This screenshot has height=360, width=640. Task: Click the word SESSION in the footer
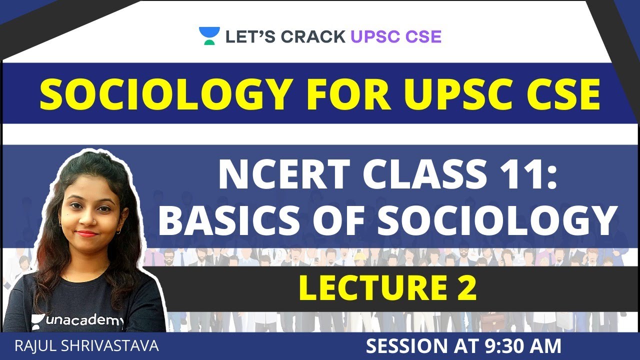(406, 346)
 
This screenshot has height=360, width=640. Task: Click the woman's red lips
(86, 233)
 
